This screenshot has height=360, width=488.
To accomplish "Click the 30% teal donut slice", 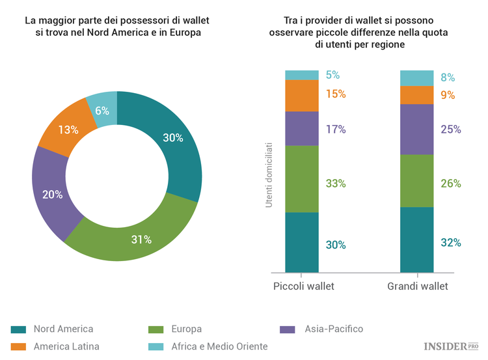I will coord(172,138).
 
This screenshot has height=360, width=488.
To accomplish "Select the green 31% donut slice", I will coord(141,239).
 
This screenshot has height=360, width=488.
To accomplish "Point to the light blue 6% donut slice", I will coord(102,110).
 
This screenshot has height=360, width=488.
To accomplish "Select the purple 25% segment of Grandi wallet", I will coord(416,129).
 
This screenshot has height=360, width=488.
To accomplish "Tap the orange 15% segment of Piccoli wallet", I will coord(302,95).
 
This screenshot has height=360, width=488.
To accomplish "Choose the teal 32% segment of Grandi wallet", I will coord(416,240).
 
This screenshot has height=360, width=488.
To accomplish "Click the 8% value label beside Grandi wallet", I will coord(448,77).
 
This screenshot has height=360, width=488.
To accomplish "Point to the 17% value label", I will coord(336,129).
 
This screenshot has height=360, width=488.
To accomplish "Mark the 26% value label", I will coord(450,184).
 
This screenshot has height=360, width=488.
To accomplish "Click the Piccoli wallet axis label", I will coord(303,286).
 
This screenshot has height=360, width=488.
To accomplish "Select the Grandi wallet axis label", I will coord(418,286).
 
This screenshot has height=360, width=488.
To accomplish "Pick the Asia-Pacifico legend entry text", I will coord(334,329).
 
